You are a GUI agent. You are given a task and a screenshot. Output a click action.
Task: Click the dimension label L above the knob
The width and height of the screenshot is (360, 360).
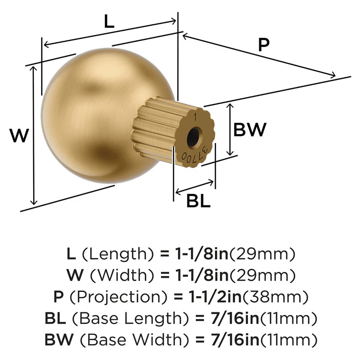[109, 22]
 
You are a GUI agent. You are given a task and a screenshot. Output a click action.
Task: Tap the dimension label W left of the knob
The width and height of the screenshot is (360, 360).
[19, 136]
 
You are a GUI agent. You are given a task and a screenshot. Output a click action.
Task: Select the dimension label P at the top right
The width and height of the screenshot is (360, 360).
[264, 45]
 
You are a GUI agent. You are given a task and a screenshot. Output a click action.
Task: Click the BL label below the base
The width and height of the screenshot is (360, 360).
[198, 202]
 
